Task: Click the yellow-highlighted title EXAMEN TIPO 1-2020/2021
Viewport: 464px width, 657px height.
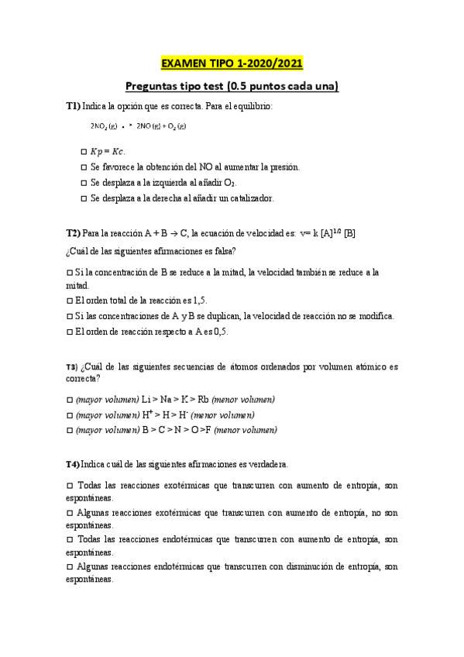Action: (x=232, y=64)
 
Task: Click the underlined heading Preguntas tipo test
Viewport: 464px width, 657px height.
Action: (x=232, y=87)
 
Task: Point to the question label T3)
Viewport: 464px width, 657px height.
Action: (x=72, y=366)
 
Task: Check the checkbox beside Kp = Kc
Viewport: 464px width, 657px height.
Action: (x=84, y=151)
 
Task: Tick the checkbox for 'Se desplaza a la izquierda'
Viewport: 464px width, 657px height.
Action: (x=84, y=183)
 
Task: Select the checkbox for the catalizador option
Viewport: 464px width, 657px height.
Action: (x=84, y=198)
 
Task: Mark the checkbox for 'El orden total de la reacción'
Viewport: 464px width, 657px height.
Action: (x=69, y=301)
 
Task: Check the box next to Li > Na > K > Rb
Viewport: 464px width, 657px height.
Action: (x=69, y=399)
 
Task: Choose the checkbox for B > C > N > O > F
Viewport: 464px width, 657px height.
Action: (x=69, y=430)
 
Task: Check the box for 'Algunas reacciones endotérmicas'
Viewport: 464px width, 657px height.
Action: (x=69, y=567)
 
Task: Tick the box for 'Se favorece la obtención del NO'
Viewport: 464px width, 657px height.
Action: (x=84, y=167)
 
